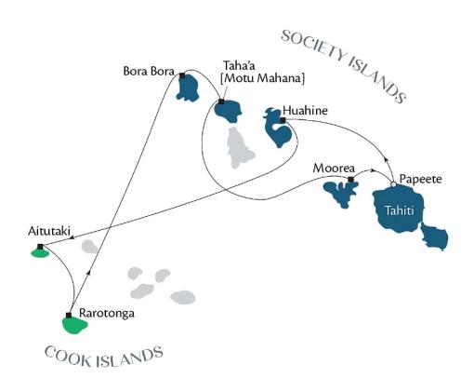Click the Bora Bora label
click(149, 72)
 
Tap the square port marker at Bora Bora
click(182, 75)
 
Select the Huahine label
click(305, 111)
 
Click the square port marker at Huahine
click(283, 120)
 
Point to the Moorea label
click(334, 169)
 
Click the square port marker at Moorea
click(350, 180)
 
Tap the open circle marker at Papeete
click(393, 184)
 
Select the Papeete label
click(420, 179)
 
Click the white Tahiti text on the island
click(400, 211)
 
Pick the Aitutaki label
click(49, 231)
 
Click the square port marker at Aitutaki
click(40, 247)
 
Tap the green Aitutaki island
click(40, 253)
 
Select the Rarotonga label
click(107, 313)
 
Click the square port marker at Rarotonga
click(69, 316)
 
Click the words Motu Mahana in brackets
click(262, 78)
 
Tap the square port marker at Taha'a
click(221, 101)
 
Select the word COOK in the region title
click(67, 358)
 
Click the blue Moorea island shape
click(341, 194)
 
